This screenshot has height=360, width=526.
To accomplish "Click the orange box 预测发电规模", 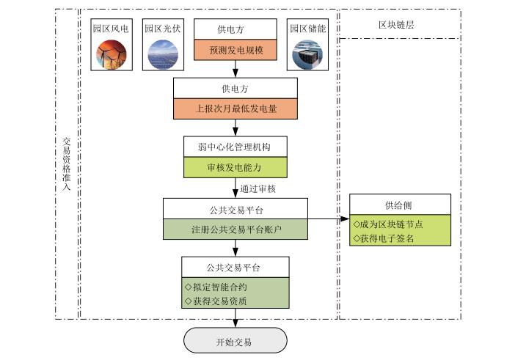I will pos(235,51).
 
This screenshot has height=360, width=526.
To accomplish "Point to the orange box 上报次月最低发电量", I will pos(235,109).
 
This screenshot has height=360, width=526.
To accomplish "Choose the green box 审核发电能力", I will pos(235,167).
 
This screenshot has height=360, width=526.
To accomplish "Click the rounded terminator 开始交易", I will pos(235,341).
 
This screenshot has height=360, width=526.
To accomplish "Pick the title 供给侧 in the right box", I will pos(400,205).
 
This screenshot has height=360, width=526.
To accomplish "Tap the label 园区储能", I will pos(307,29).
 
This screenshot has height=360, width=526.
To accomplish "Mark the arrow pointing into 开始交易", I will pos(235,319).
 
